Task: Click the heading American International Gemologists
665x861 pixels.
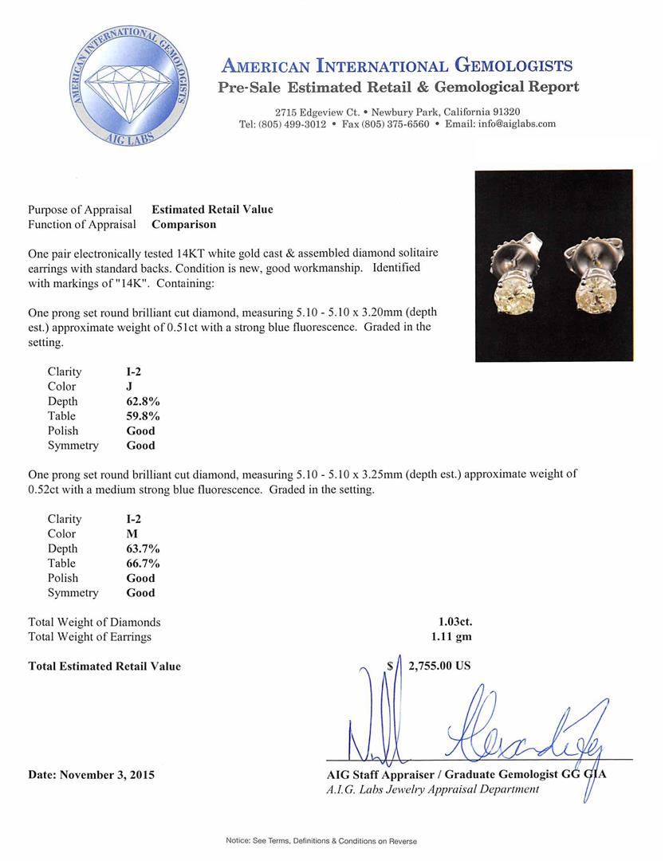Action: [x=396, y=65]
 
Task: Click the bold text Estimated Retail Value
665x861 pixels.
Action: [x=212, y=210]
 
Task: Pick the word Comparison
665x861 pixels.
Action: [x=183, y=225]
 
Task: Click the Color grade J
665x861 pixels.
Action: [x=130, y=387]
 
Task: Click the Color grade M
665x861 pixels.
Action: [x=132, y=534]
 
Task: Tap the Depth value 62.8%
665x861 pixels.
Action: [x=144, y=402]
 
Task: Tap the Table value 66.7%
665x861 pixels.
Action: [x=144, y=564]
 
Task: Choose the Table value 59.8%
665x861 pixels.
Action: [x=144, y=416]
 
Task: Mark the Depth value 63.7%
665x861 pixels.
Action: [x=144, y=549]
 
